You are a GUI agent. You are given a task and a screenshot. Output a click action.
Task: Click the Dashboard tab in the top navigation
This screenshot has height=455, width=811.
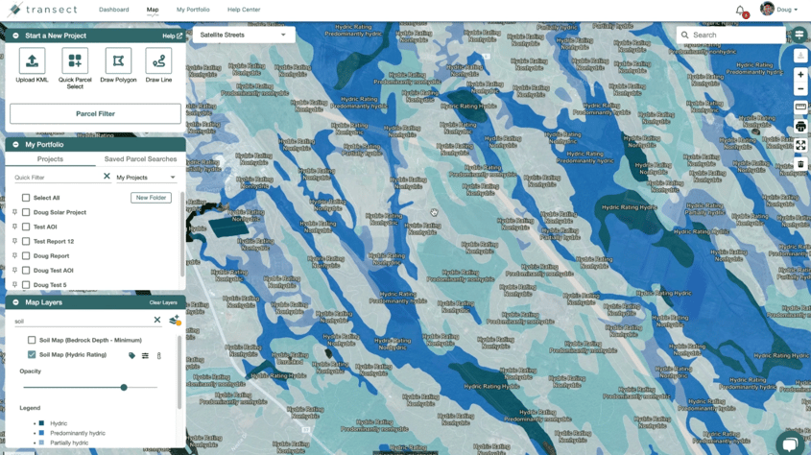click(x=113, y=10)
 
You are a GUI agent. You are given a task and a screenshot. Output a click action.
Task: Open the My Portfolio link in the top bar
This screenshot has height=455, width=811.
click(x=193, y=10)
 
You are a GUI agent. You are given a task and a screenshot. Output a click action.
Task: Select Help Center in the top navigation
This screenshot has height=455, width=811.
click(x=244, y=10)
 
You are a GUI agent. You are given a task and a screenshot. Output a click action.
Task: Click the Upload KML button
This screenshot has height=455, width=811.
click(x=32, y=66)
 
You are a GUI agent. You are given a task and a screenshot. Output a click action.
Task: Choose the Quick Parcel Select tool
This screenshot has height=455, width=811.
click(x=75, y=66)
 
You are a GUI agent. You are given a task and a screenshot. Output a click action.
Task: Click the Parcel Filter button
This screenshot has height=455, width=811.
click(x=95, y=113)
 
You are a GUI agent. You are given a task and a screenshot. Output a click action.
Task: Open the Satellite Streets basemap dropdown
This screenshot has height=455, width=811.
click(x=243, y=35)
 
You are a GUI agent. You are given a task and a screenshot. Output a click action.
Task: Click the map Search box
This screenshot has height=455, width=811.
click(x=734, y=35)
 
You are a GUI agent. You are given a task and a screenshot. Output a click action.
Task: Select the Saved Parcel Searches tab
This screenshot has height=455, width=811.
click(x=140, y=159)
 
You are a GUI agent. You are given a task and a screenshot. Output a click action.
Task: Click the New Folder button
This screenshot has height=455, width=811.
click(x=151, y=198)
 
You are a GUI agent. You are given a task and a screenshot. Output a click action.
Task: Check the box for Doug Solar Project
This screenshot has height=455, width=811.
click(x=26, y=212)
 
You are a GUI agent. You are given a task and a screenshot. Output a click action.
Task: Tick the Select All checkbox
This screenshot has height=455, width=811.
click(x=26, y=198)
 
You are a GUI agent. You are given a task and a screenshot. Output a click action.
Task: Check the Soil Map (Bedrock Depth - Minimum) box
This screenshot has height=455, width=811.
click(x=32, y=340)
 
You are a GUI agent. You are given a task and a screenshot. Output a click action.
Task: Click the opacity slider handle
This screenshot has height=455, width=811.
click(x=124, y=388)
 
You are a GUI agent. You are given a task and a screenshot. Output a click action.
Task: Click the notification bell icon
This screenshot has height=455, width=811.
click(x=740, y=11)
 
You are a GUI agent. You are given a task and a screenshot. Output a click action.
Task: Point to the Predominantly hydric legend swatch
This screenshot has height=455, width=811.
click(x=41, y=433)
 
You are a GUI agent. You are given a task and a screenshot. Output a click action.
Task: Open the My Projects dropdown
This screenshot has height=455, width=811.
click(x=146, y=178)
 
